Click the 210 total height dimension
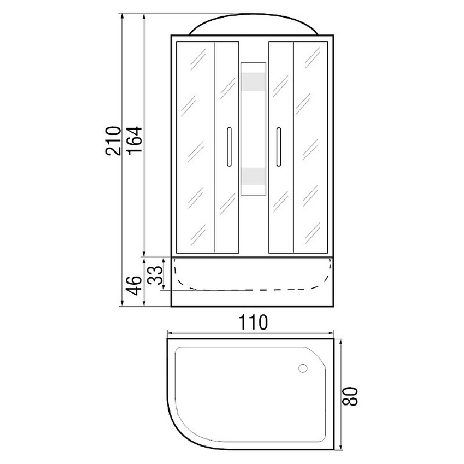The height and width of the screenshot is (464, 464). [x=113, y=141]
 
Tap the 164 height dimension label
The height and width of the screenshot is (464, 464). [x=135, y=140]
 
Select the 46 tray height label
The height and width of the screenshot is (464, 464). [x=134, y=285]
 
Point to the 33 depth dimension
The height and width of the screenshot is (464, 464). [x=155, y=275]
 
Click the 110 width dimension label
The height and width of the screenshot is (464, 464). [x=253, y=322]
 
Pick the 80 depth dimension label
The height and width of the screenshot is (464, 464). [x=350, y=397]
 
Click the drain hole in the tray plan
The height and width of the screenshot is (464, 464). [x=303, y=368]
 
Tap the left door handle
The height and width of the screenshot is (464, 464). [x=229, y=147]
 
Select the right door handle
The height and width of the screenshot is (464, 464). [x=278, y=147]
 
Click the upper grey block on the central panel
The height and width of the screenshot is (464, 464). [x=253, y=81]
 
